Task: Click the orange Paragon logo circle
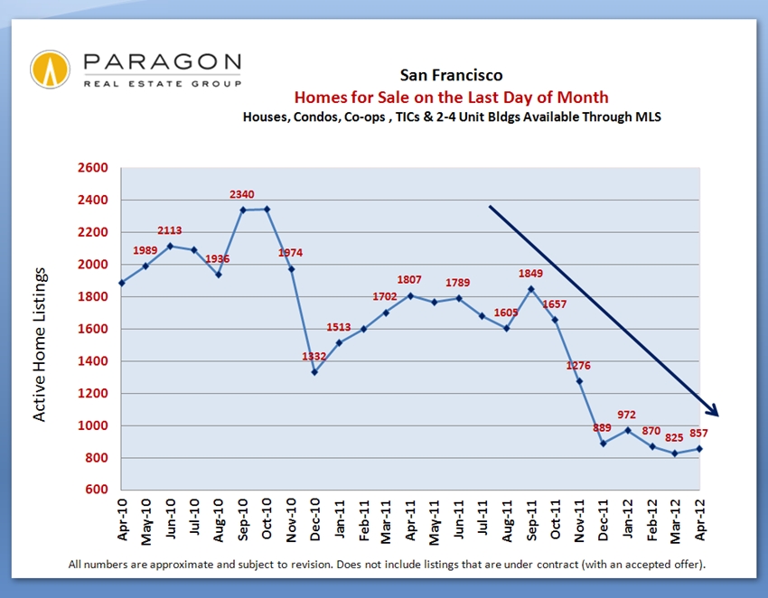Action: (x=50, y=70)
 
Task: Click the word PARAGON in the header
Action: (x=162, y=62)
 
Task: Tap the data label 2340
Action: (x=242, y=194)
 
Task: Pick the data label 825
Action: (x=673, y=438)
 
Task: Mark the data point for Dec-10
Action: (x=313, y=372)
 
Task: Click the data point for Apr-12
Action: (x=699, y=449)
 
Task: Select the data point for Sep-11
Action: (x=530, y=289)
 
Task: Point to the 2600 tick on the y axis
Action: (x=93, y=168)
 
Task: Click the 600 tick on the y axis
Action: (x=97, y=491)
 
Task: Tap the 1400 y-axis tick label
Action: (x=93, y=361)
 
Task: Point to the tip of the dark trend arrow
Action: (x=717, y=416)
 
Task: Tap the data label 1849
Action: (x=530, y=274)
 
